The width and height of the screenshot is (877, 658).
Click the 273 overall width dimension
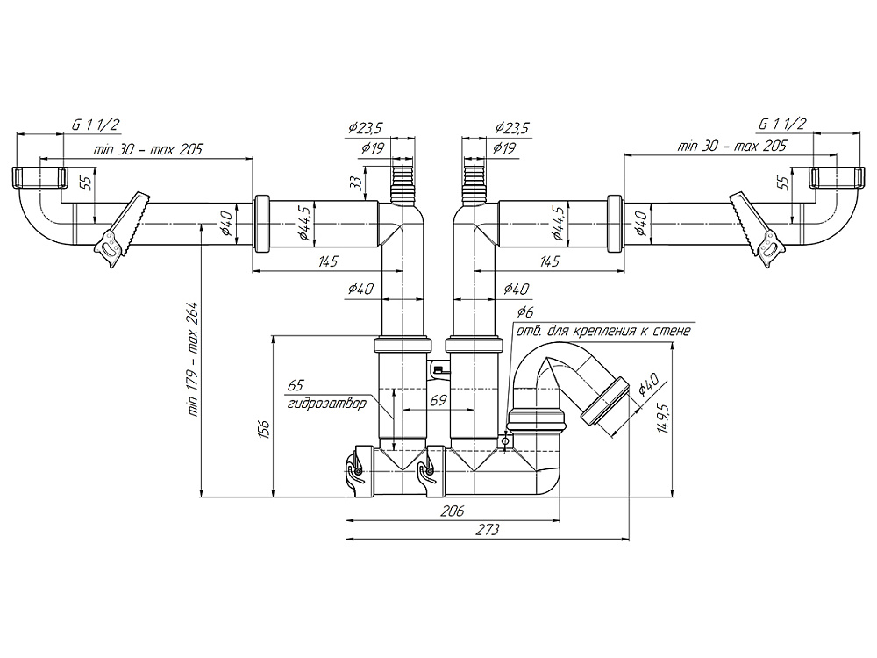tap(488, 530)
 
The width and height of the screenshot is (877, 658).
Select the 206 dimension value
tap(452, 510)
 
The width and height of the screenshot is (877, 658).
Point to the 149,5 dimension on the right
tap(664, 420)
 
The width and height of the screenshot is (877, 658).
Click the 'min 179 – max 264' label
tap(194, 359)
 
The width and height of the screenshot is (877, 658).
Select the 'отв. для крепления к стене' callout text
tap(603, 332)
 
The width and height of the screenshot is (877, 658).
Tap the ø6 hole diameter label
tap(524, 312)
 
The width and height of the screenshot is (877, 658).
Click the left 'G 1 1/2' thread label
tap(94, 125)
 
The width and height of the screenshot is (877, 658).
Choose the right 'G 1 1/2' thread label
tap(782, 125)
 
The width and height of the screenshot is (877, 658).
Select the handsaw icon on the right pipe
tap(755, 230)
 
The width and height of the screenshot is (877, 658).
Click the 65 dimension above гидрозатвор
tap(296, 385)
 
